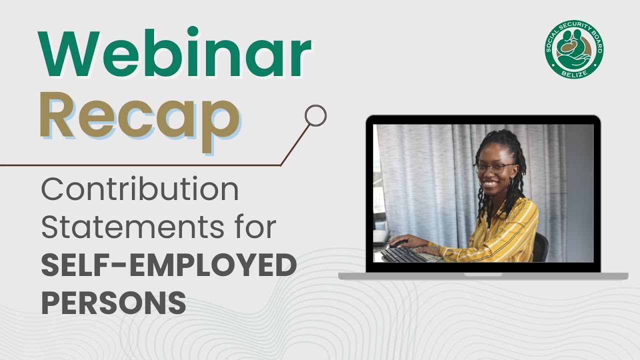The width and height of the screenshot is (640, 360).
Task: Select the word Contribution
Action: [140, 190]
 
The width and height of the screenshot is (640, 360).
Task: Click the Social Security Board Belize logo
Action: [574, 49]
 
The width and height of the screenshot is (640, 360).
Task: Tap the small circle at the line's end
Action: [315, 115]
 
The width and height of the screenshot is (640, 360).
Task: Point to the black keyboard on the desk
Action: [405, 254]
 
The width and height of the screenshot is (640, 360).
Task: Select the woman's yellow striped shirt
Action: [505, 230]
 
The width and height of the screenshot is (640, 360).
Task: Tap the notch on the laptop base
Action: [483, 274]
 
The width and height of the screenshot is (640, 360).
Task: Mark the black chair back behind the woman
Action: [541, 247]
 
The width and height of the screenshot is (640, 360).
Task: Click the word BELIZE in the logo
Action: [574, 73]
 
